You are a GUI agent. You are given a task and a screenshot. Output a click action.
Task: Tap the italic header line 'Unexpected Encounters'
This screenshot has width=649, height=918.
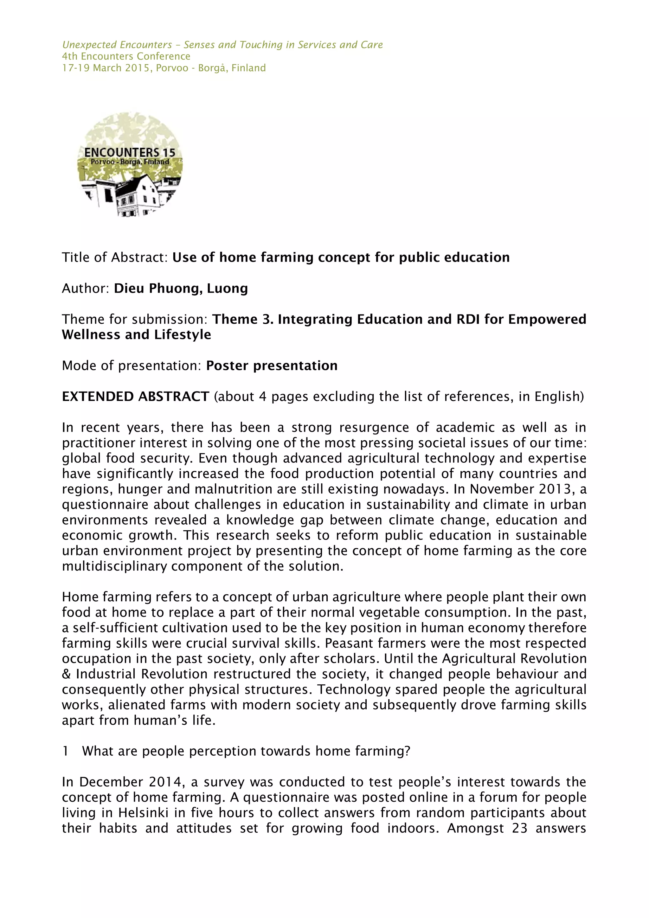tap(117, 45)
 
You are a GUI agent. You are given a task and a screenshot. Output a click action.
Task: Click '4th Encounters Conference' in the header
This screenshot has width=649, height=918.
tap(126, 56)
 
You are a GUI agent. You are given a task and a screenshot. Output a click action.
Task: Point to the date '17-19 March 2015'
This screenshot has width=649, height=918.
tap(106, 68)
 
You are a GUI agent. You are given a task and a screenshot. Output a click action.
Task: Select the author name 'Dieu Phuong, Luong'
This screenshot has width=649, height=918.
tap(181, 288)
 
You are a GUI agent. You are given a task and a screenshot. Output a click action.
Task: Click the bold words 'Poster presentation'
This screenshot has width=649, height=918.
tap(272, 365)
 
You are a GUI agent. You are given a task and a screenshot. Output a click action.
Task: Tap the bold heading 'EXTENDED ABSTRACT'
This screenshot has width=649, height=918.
tap(135, 396)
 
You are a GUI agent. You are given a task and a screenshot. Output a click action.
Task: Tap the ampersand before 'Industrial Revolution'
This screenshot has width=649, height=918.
tap(66, 674)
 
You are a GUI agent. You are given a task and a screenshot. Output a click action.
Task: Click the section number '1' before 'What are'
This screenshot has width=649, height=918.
tap(65, 751)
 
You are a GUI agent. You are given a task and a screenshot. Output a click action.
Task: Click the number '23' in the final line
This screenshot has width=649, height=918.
tap(519, 828)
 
